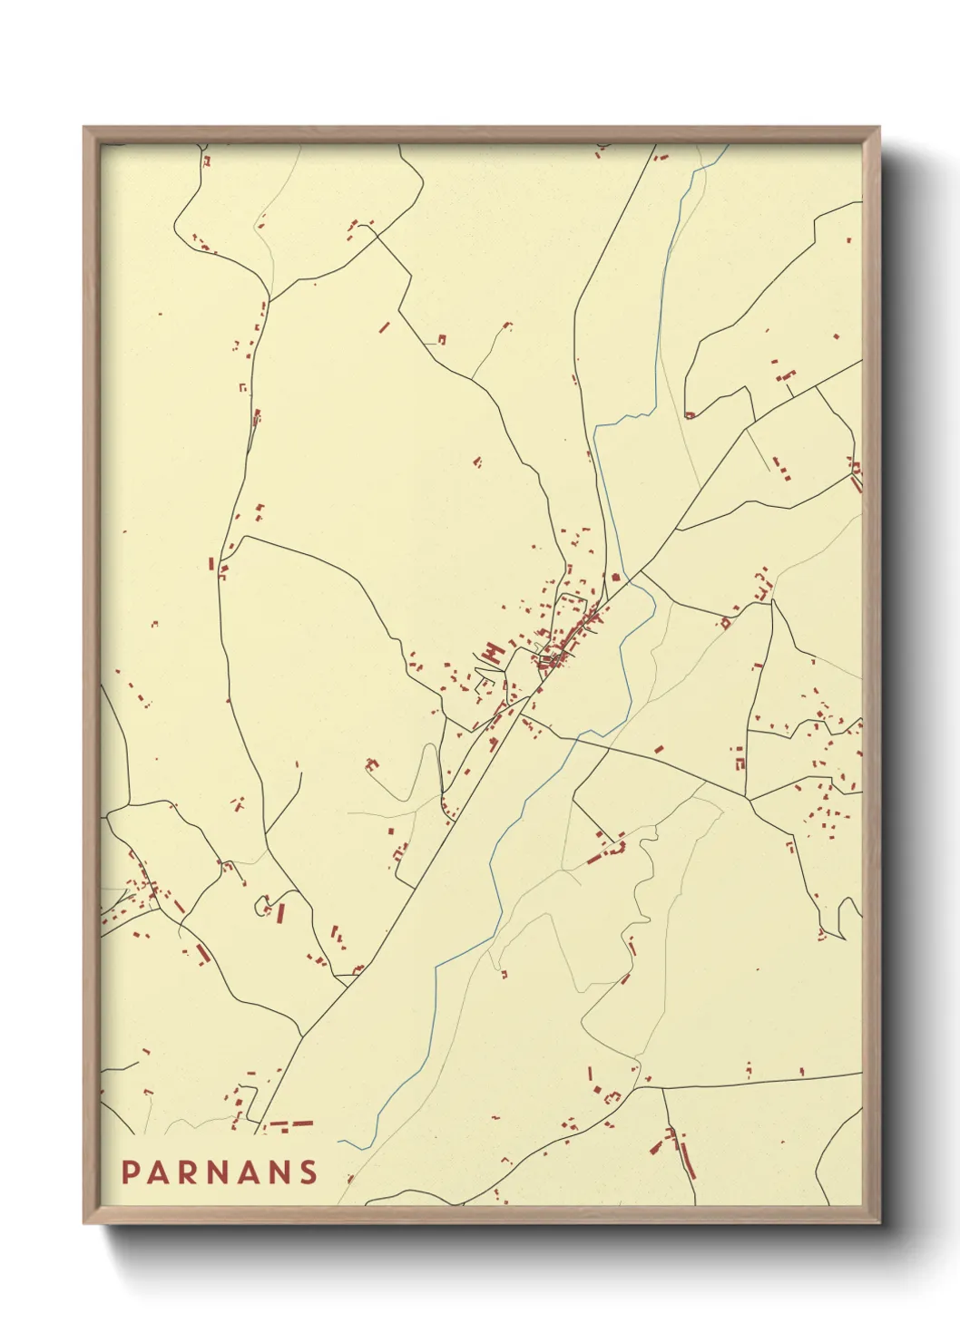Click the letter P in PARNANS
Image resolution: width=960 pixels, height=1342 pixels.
click(130, 1172)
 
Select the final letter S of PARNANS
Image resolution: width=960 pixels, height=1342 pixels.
click(309, 1172)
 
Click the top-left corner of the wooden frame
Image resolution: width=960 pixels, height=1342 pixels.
click(84, 128)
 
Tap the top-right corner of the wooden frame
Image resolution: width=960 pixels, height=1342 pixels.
click(879, 128)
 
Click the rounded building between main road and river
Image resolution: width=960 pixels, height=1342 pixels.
click(616, 576)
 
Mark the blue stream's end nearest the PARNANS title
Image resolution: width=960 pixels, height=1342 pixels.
click(341, 1142)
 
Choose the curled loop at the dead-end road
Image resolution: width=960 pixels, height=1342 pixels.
click(262, 904)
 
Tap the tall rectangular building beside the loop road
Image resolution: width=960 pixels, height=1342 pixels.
click(280, 912)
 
